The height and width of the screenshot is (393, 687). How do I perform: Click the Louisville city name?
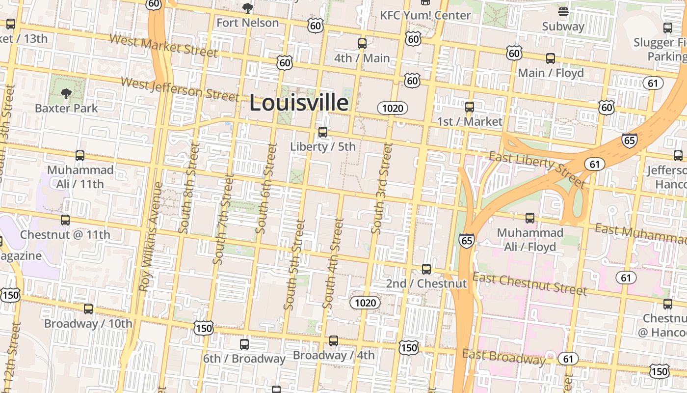[299, 103]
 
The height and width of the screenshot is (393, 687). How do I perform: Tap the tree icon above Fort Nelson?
[248, 8]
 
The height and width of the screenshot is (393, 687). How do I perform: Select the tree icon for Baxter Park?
[66, 93]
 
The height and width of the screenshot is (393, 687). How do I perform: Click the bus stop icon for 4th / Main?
[362, 44]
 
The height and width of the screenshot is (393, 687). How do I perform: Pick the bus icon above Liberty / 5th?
[323, 132]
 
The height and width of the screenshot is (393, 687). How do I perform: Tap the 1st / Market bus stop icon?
[470, 107]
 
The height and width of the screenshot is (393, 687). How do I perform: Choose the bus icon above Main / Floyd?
[551, 58]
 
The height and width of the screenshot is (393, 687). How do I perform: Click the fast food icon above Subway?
[563, 12]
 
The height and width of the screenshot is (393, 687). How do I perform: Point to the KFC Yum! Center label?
[425, 15]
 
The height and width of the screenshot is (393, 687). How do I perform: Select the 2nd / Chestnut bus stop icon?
[426, 269]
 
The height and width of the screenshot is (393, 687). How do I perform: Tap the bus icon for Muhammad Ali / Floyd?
[530, 218]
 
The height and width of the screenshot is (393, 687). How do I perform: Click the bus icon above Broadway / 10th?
[88, 309]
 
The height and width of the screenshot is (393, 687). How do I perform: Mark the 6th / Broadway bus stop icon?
[244, 344]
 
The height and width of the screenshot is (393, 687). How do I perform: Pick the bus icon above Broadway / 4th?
[334, 340]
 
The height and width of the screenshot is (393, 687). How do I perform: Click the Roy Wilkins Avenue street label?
[151, 237]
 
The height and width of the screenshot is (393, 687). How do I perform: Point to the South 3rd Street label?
[382, 188]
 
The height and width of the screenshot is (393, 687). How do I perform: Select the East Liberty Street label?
[537, 170]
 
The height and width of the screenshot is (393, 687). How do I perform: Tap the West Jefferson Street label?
[180, 89]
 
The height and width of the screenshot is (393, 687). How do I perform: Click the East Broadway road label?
[503, 357]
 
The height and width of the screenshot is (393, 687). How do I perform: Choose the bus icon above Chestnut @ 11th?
[65, 220]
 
